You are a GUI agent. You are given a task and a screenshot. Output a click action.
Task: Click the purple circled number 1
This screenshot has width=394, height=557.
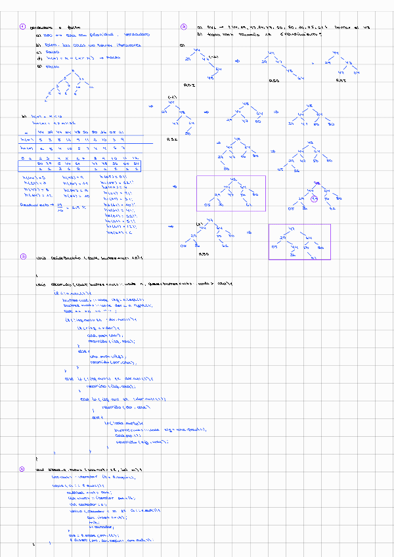(22, 27)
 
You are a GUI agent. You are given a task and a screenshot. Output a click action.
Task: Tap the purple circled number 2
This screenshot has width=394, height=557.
(183, 27)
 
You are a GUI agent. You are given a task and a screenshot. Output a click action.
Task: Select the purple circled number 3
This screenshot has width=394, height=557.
(22, 256)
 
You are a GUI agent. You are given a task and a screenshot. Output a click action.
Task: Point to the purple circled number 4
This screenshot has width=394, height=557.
(22, 470)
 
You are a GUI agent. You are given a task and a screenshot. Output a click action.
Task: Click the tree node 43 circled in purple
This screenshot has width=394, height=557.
(315, 197)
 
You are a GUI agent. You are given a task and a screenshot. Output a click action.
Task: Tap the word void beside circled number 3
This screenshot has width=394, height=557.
(40, 257)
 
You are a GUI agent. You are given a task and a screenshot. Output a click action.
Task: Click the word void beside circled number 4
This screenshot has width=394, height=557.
(39, 470)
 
